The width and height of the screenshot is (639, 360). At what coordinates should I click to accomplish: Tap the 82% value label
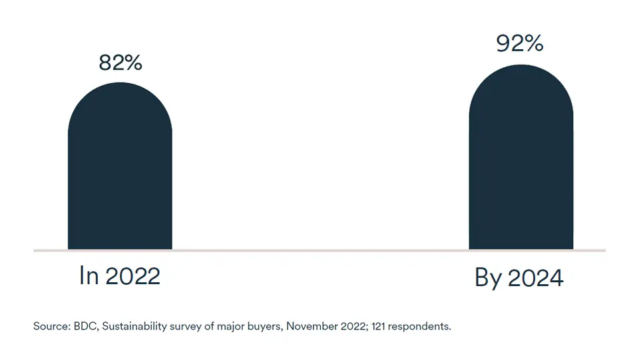120,63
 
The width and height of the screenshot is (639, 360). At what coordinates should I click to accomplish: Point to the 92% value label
520,43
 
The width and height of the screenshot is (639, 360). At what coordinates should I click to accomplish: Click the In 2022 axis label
120,275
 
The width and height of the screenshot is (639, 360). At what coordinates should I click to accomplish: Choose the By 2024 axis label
519,277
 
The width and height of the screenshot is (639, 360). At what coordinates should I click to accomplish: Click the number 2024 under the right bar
535,277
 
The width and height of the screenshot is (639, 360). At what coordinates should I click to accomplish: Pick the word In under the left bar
89,275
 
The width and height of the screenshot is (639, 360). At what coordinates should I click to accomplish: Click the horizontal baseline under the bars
319,251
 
